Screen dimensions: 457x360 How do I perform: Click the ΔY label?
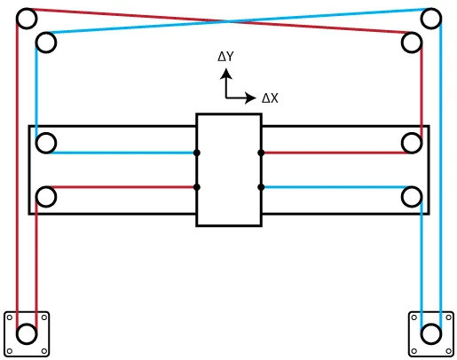click(x=225, y=56)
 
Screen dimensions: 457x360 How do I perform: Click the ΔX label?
click(x=270, y=98)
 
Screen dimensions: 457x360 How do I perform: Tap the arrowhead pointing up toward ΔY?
click(x=226, y=74)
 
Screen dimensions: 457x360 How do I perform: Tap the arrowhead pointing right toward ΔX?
click(x=250, y=98)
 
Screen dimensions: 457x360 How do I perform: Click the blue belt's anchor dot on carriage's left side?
click(x=197, y=153)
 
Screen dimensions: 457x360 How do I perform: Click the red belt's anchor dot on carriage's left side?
click(x=197, y=187)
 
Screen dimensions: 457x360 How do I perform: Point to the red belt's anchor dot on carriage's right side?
click(x=261, y=153)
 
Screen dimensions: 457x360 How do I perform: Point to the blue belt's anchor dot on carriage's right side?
click(x=261, y=187)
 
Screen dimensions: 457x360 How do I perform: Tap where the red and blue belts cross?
click(x=228, y=21)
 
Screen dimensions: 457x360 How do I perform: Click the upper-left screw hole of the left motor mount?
click(x=10, y=317)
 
